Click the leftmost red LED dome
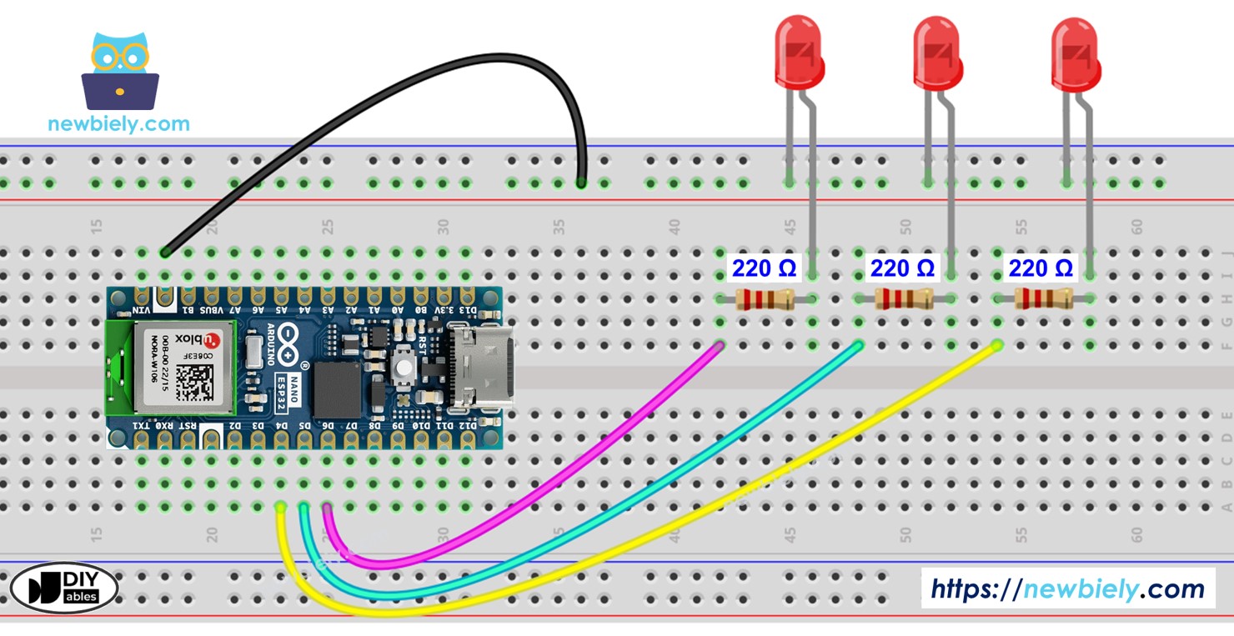coord(799,52)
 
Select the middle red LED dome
coord(937,52)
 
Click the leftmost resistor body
coord(765,299)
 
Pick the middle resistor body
coord(903,299)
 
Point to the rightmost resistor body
coord(1042,299)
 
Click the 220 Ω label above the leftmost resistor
coord(764,268)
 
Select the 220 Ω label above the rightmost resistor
coord(1041,268)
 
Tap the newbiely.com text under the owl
coord(118,124)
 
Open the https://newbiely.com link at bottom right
coord(1067,589)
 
